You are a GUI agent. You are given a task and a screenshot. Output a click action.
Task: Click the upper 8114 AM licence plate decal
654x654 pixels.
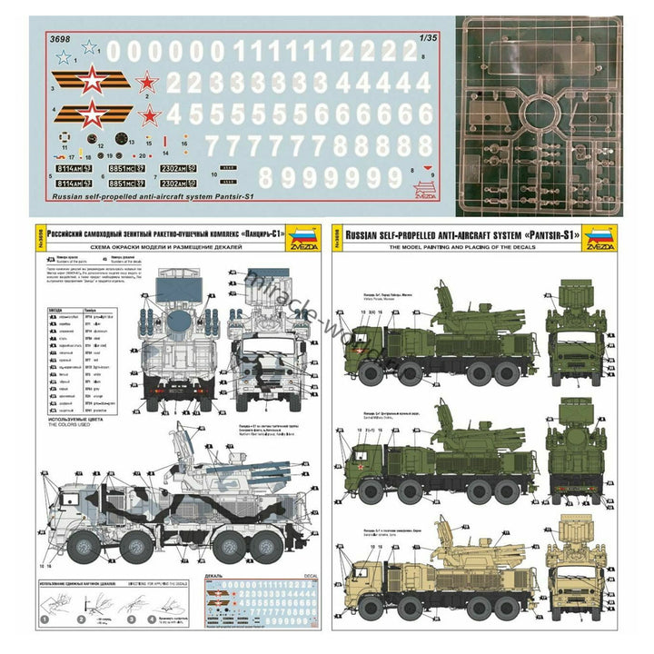pos(69,168)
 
